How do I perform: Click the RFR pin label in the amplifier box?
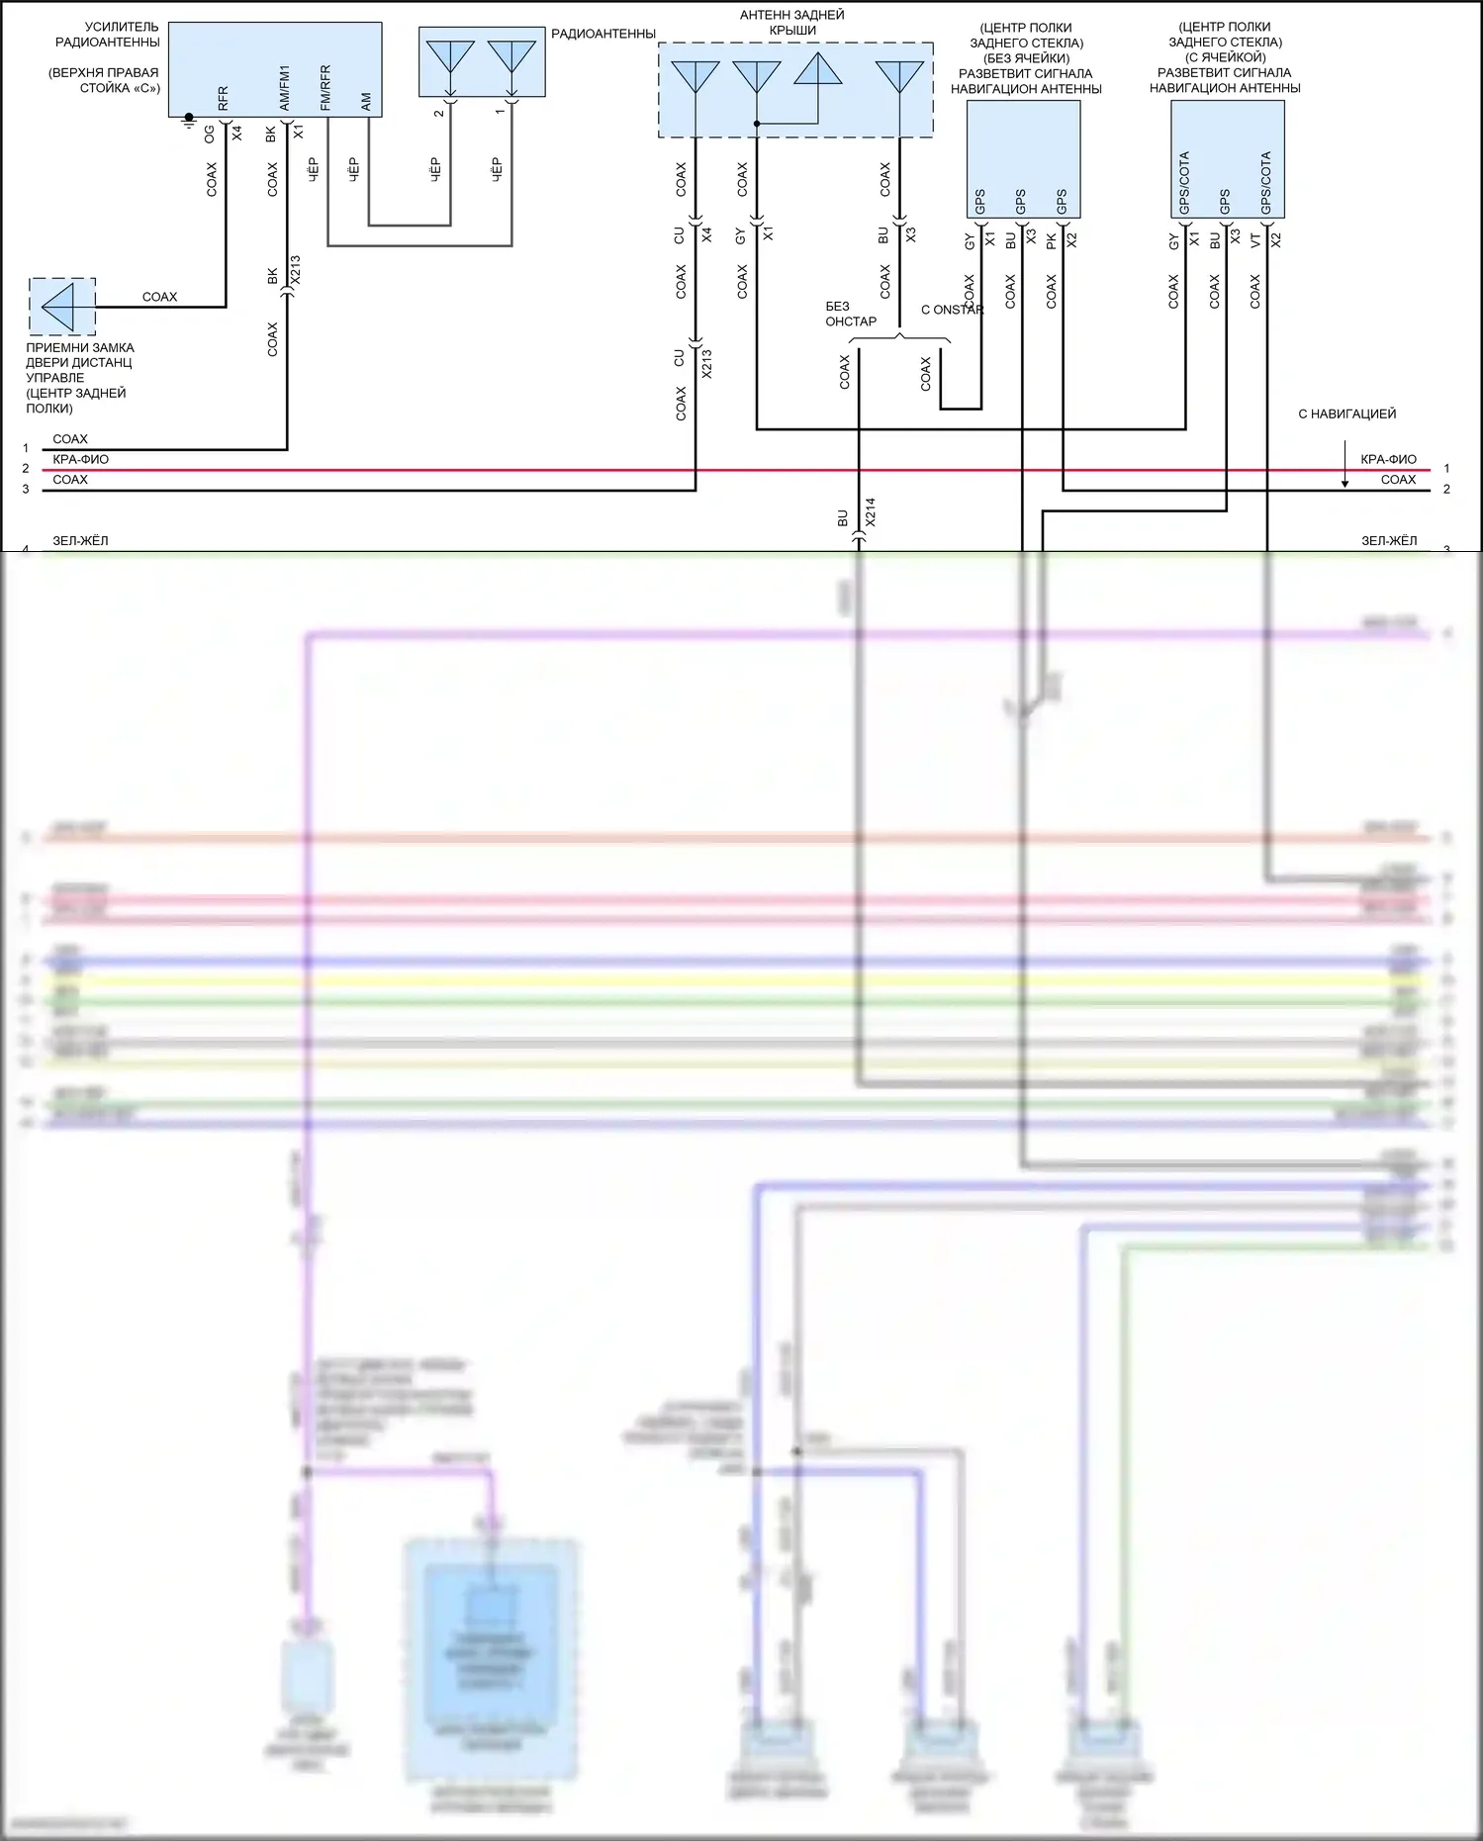(x=223, y=98)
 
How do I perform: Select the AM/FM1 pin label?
(x=285, y=88)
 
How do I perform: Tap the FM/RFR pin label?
(x=325, y=88)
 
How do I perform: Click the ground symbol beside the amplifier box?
(x=189, y=121)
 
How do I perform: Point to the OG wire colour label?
(x=210, y=134)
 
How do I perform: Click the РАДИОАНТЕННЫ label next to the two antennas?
(x=602, y=34)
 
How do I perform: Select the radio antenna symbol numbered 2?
(x=450, y=57)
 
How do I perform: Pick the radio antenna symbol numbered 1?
(x=511, y=57)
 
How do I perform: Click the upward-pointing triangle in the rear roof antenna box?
(x=818, y=69)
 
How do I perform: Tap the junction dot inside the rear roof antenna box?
(x=757, y=124)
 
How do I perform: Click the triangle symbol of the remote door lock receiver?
(x=59, y=307)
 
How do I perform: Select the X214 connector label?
(x=871, y=511)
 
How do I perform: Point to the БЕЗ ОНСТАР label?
(x=850, y=314)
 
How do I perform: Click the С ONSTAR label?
(x=952, y=310)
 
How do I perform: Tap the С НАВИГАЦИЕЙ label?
(x=1346, y=414)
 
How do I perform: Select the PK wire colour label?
(x=1052, y=240)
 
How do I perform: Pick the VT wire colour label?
(x=1255, y=240)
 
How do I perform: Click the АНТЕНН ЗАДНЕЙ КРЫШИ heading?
(x=792, y=23)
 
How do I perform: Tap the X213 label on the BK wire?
(x=296, y=270)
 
